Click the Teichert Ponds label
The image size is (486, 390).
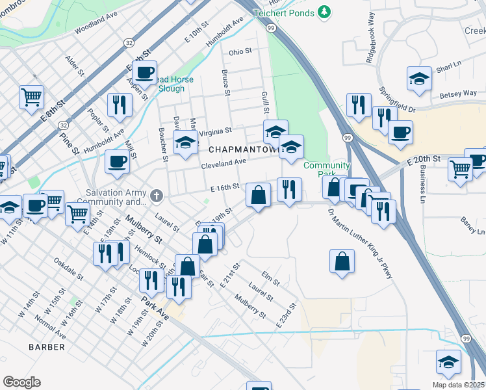[284, 12]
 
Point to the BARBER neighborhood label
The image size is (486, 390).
[47, 347]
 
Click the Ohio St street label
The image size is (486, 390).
[240, 51]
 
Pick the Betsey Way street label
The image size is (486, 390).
[458, 94]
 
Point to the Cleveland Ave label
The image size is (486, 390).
[224, 163]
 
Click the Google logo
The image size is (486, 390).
[21, 382]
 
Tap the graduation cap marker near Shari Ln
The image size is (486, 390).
[419, 79]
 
